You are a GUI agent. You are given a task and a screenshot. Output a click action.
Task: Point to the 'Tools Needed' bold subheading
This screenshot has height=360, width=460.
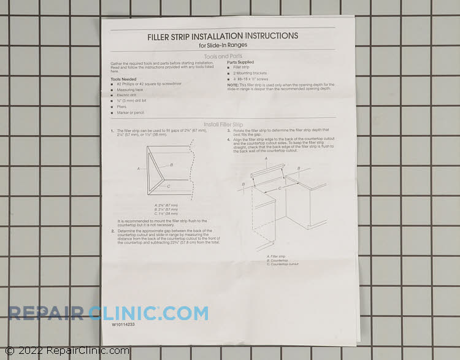click(x=124, y=79)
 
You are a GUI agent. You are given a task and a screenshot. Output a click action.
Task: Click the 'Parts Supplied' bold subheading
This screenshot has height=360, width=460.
click(x=240, y=62)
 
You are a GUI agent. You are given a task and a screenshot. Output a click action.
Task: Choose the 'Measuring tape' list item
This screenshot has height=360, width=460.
click(x=129, y=90)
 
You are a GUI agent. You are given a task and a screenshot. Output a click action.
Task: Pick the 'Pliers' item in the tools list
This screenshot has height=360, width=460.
click(x=121, y=106)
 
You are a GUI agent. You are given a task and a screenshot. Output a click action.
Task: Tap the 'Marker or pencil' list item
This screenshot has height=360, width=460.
click(x=130, y=112)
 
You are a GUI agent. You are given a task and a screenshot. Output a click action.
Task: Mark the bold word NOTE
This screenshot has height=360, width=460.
click(x=232, y=85)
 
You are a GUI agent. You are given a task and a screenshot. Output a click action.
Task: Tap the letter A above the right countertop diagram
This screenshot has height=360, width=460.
click(x=266, y=158)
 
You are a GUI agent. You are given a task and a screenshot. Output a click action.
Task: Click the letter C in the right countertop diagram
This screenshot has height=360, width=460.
click(x=280, y=188)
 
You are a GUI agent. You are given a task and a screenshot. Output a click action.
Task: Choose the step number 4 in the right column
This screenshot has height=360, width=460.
click(x=228, y=139)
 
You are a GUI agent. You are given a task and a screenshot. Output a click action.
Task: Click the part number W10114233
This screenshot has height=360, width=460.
click(x=123, y=326)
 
